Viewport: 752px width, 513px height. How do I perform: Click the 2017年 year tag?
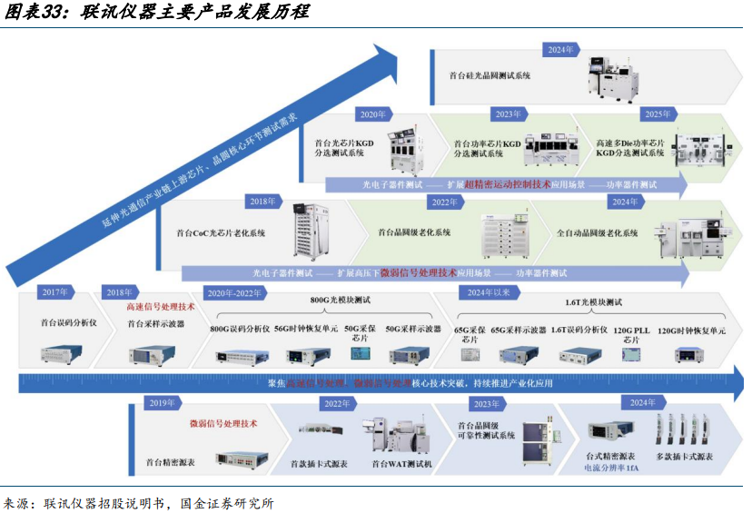56,292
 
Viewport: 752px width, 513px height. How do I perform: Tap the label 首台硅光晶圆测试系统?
490,76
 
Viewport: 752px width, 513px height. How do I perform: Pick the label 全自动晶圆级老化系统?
597,233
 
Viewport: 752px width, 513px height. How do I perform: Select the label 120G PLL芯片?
630,334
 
